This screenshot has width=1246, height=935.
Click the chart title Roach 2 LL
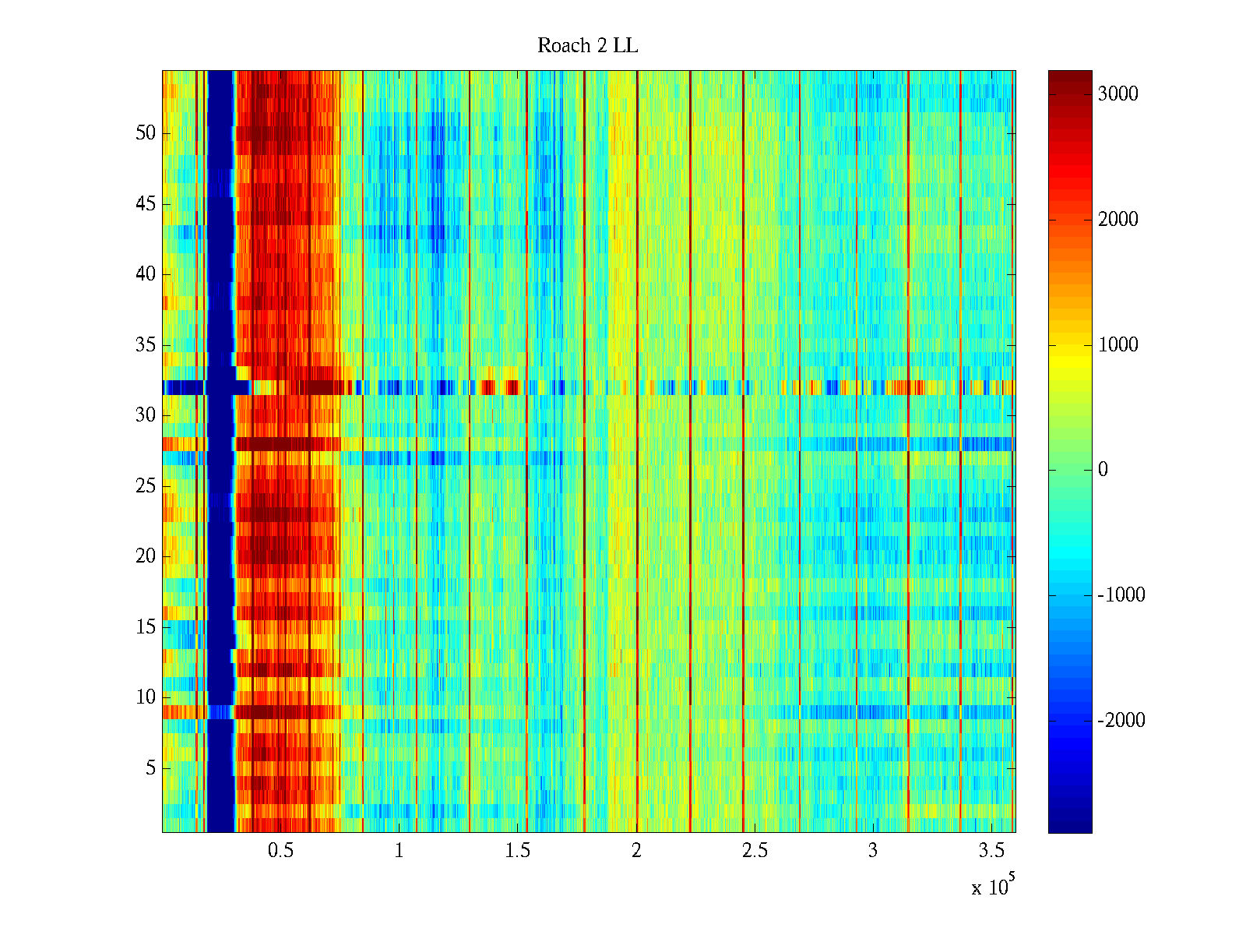tap(587, 46)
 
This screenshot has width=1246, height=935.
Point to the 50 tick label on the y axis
tap(146, 133)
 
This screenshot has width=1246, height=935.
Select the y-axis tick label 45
tap(146, 204)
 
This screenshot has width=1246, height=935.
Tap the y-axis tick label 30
tap(146, 415)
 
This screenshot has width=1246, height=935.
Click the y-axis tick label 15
tap(146, 627)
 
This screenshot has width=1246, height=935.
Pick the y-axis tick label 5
tap(150, 768)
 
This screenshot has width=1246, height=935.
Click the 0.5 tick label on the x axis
tap(280, 851)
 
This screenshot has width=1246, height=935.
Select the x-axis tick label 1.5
tap(518, 851)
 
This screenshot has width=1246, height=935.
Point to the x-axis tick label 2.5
tap(755, 851)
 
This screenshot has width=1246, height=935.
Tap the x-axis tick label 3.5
tap(991, 851)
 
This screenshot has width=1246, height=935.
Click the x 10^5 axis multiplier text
tap(993, 887)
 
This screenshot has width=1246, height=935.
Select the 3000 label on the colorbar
tap(1118, 94)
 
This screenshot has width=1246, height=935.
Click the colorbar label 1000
tap(1118, 345)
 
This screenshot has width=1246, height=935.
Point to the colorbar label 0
tap(1103, 470)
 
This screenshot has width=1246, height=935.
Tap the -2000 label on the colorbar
tap(1121, 721)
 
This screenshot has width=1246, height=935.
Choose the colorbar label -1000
tap(1121, 595)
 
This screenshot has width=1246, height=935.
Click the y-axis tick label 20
tap(146, 556)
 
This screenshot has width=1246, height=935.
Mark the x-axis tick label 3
tap(873, 851)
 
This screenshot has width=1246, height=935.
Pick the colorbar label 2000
tap(1118, 220)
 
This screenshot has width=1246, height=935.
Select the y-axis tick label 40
tap(146, 274)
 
